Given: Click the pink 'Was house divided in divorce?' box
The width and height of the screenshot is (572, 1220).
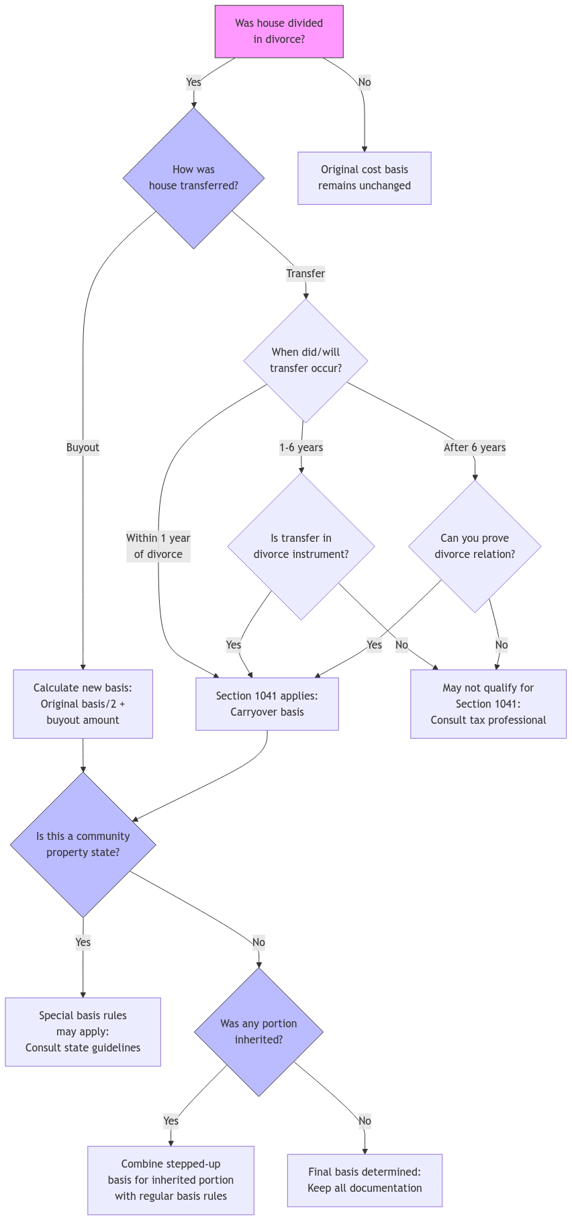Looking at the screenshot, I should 279,32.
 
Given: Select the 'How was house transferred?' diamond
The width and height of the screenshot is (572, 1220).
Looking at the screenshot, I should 193,178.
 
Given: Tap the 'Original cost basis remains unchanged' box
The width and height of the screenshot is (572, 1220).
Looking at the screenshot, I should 364,178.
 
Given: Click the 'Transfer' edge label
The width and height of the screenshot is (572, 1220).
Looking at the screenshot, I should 305,273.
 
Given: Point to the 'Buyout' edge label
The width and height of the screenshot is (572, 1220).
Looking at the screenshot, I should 83,447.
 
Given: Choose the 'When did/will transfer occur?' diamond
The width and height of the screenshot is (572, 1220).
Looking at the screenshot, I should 305,361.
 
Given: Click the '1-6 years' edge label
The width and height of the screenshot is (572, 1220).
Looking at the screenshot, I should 301,447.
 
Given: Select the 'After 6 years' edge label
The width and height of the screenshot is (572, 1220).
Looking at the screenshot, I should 475,447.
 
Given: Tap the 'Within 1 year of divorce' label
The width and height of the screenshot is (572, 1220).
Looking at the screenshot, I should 158,546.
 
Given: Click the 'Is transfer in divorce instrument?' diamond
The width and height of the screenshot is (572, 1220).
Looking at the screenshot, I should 301,546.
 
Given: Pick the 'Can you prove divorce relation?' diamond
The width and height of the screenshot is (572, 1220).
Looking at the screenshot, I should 475,546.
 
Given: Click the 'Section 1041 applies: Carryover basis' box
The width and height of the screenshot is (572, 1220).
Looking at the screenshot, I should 267,704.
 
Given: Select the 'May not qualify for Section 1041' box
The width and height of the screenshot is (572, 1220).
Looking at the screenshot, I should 488,704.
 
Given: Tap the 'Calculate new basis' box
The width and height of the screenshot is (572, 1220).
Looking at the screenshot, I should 83,704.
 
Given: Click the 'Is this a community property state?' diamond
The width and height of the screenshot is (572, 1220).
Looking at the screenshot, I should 83,844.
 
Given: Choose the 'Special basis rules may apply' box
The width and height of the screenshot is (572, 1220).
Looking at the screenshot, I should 83,1031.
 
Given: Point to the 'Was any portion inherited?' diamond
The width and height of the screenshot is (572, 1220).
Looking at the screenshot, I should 258,1031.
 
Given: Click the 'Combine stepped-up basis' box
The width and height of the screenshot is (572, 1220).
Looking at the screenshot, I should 171,1180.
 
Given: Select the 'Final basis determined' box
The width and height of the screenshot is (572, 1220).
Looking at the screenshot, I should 365,1180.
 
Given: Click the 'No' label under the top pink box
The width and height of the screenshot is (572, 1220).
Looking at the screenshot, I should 364,82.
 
